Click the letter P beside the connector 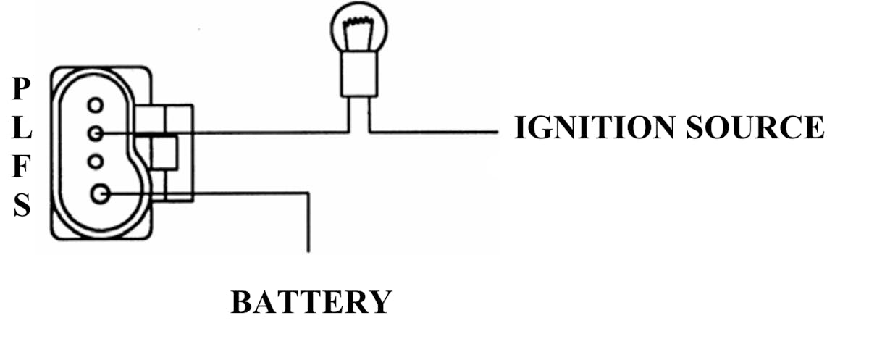click(x=22, y=90)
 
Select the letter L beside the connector click(x=22, y=131)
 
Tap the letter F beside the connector click(x=22, y=168)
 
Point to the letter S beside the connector click(x=22, y=206)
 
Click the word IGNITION click(x=595, y=127)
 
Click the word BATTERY click(x=311, y=301)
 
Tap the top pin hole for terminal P click(x=96, y=106)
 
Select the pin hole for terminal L click(x=96, y=133)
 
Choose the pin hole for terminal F click(x=96, y=161)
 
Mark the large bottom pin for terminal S click(x=100, y=193)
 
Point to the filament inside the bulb click(x=358, y=33)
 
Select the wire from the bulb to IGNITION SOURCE click(x=434, y=133)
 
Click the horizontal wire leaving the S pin click(x=239, y=193)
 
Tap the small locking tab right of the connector click(x=164, y=152)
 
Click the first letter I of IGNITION click(x=520, y=127)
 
